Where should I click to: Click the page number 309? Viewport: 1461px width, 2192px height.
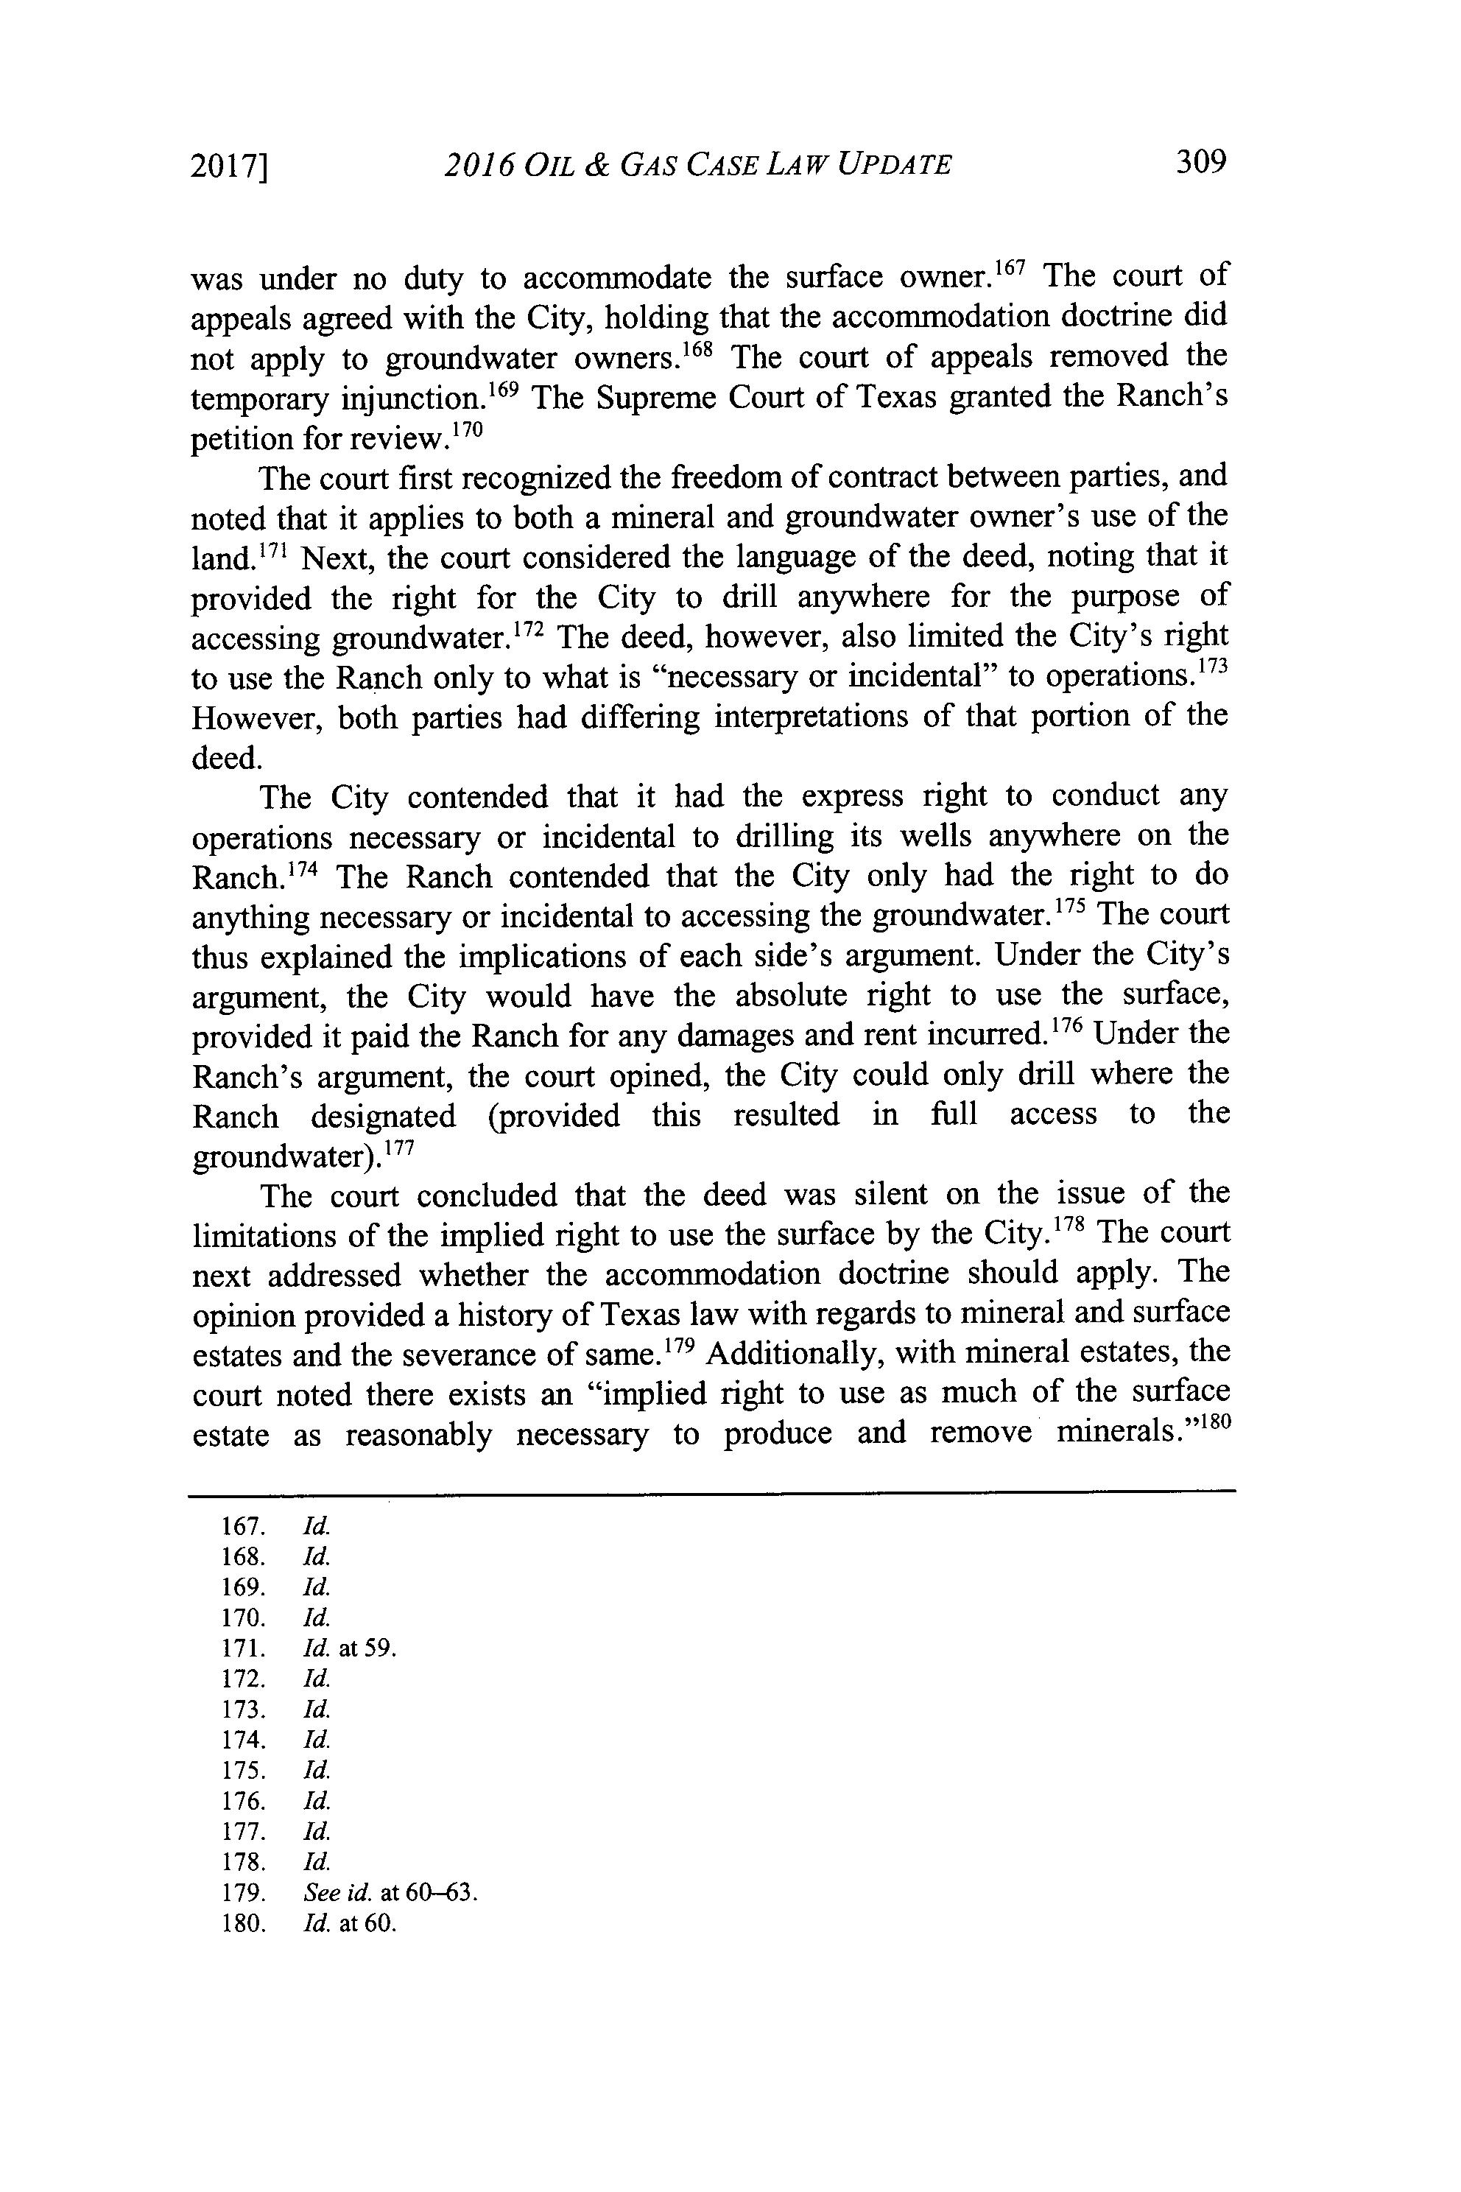point(1200,162)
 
